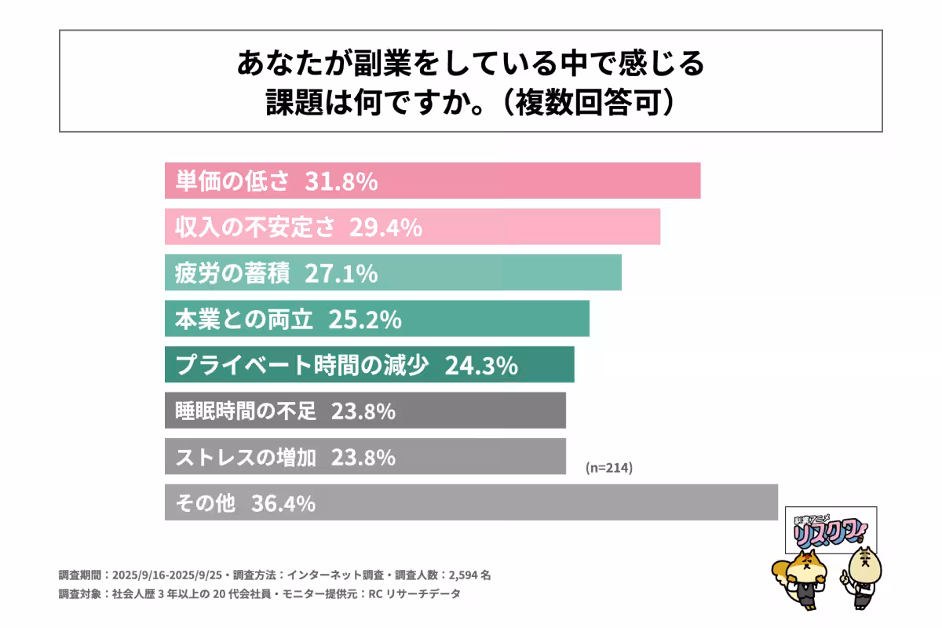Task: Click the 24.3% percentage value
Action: pyautogui.click(x=481, y=365)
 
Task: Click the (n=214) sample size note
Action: pyautogui.click(x=609, y=468)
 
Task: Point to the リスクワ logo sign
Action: pyautogui.click(x=831, y=530)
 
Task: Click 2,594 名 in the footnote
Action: pyautogui.click(x=470, y=575)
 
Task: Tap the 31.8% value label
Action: pyautogui.click(x=345, y=181)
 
